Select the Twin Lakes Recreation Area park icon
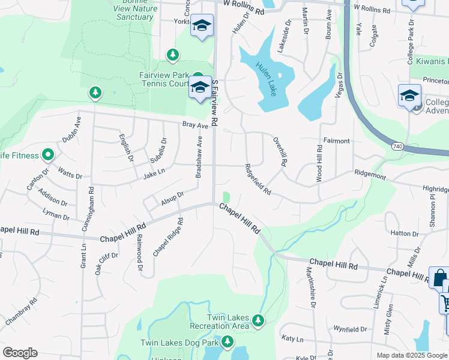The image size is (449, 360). click(259, 321)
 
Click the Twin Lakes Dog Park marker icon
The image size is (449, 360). click(227, 342)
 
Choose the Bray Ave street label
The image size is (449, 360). click(195, 126)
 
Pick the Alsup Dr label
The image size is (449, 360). click(172, 199)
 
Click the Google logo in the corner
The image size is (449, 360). click(20, 353)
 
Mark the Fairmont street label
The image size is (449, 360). click(336, 141)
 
